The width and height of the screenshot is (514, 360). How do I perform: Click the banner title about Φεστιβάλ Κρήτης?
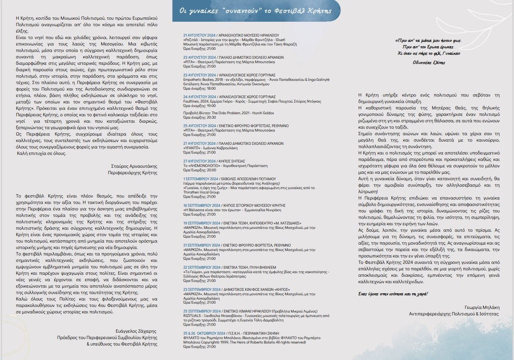(x=256, y=11)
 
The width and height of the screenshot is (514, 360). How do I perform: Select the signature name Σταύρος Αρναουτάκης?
(x=134, y=166)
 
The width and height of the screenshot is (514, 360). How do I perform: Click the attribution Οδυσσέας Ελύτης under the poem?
(x=429, y=62)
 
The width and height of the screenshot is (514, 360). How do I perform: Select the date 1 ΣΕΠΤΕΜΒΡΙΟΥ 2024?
(x=201, y=178)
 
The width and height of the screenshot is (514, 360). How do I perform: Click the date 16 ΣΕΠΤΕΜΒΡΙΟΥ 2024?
(x=202, y=205)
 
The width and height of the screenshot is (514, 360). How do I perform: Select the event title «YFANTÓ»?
(x=191, y=148)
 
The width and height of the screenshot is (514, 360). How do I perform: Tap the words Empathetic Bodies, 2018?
(x=205, y=80)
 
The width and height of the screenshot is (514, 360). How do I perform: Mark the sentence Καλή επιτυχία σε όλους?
(x=41, y=153)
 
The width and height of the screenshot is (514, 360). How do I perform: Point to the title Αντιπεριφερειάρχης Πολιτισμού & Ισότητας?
(x=454, y=313)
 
